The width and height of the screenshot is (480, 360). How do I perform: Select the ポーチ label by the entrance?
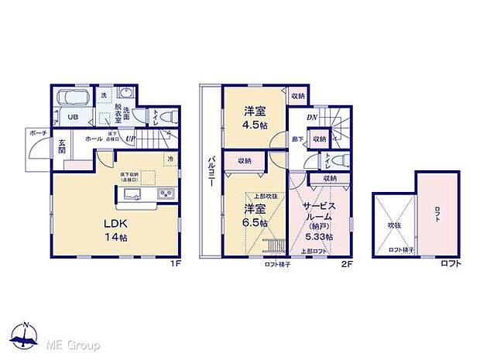37,132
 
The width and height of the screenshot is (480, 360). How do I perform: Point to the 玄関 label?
62,146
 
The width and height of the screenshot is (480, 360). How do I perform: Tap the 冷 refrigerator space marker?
170,159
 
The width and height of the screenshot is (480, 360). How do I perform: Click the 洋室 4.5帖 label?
253,115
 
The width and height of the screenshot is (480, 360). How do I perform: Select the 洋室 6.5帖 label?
255,215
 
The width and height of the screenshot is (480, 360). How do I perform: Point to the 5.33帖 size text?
319,236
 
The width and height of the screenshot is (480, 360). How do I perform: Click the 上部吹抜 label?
255,197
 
